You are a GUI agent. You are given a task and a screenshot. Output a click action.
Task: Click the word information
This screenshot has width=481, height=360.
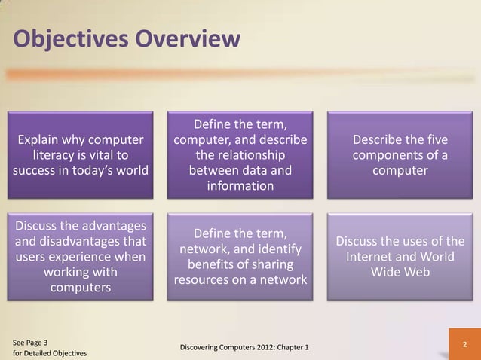[x=240, y=185]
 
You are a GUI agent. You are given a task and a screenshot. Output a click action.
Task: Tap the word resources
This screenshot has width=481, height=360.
[x=207, y=280]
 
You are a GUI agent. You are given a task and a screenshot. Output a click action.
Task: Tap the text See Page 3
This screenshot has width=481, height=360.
[x=30, y=341]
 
